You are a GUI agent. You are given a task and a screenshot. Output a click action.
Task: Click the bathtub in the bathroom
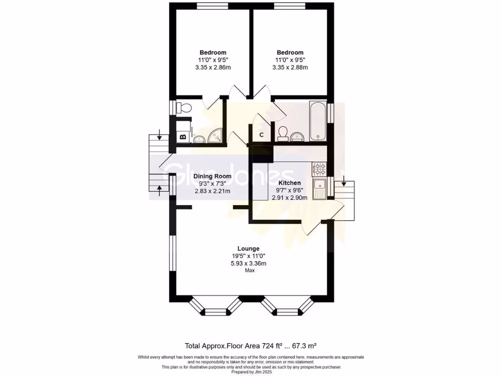tap(318, 120)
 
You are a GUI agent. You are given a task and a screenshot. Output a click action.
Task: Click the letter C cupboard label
tap(261, 135)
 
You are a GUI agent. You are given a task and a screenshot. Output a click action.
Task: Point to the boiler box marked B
tap(183, 137)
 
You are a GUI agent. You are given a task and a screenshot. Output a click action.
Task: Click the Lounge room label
tap(249, 248)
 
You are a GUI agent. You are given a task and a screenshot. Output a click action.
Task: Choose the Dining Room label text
tap(212, 176)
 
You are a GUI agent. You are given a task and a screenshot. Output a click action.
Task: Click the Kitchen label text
tap(290, 183)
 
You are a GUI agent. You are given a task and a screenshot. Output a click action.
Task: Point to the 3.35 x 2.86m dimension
tap(213, 67)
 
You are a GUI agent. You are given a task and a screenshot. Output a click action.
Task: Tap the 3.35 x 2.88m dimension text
tap(290, 67)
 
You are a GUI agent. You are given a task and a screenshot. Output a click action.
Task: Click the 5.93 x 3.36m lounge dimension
tap(249, 263)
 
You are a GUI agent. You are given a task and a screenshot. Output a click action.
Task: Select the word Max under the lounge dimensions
tap(249, 271)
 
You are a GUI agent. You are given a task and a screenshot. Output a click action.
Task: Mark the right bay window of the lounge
tap(287, 307)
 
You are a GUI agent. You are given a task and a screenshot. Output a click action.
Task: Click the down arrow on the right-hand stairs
tap(343, 184)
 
